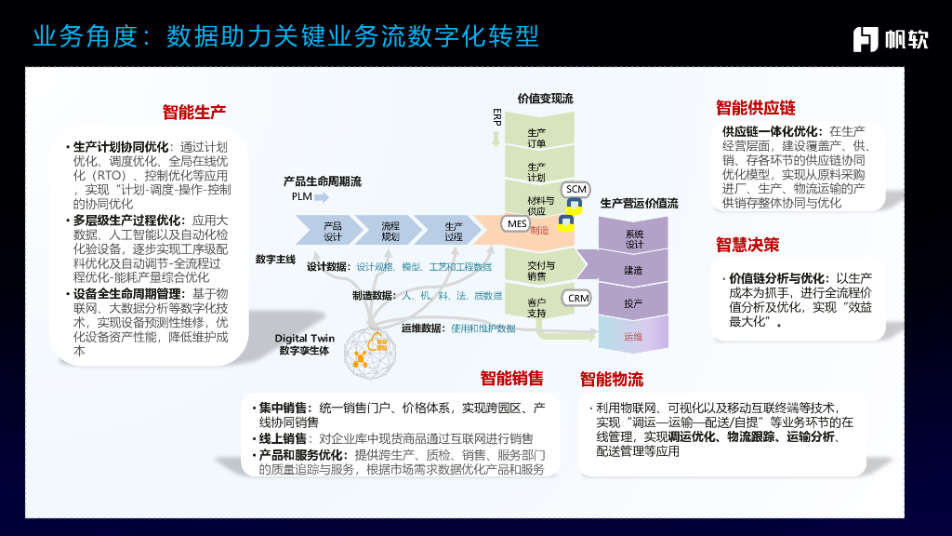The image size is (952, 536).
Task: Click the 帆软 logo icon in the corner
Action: (866, 37)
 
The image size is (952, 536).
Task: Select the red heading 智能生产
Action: (194, 113)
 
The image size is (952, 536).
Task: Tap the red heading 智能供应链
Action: (756, 108)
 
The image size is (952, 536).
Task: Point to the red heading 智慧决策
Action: (747, 245)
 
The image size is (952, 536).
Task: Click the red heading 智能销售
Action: (512, 379)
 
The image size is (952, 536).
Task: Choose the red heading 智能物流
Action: (612, 379)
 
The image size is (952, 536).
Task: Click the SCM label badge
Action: (576, 190)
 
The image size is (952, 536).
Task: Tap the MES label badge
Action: (517, 223)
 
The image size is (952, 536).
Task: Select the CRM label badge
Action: (578, 298)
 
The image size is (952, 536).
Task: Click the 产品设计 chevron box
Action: (332, 231)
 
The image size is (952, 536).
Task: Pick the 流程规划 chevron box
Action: (390, 231)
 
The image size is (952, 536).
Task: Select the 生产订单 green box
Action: (536, 138)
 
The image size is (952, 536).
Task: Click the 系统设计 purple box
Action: (634, 239)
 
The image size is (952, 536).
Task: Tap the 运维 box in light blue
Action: (634, 336)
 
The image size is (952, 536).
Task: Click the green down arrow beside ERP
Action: (496, 139)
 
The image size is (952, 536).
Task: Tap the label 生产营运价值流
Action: (640, 203)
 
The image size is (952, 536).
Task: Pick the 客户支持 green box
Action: (536, 307)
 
